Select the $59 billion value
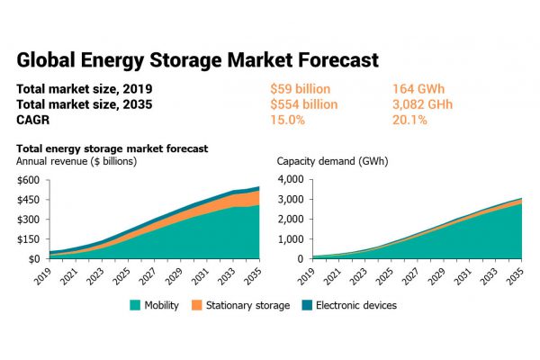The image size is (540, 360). tap(301, 89)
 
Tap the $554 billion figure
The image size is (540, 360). tap(304, 103)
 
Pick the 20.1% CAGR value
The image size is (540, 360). tap(409, 118)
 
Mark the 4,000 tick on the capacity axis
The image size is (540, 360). tap(292, 180)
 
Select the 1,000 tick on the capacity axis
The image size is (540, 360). tap(292, 238)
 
